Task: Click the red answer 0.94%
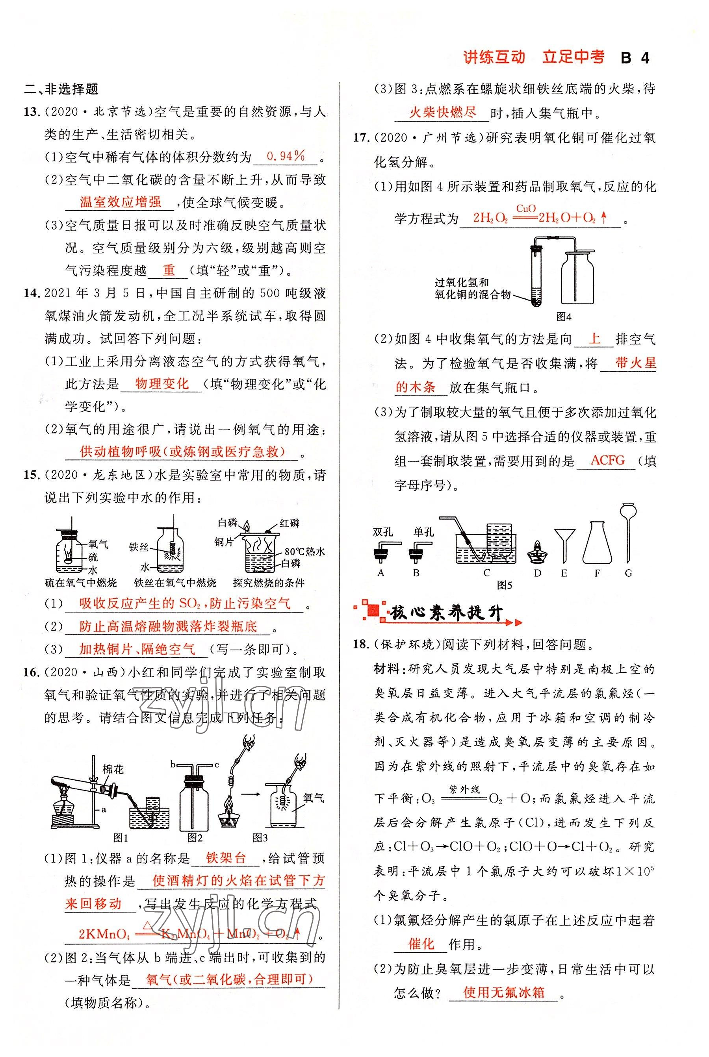286,156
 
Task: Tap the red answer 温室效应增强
120,202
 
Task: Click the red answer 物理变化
161,384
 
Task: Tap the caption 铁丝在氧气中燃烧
175,583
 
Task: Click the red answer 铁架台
226,858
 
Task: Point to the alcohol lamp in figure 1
64,811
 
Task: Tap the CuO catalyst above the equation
525,208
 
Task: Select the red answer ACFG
607,460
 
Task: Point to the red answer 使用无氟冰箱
504,992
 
